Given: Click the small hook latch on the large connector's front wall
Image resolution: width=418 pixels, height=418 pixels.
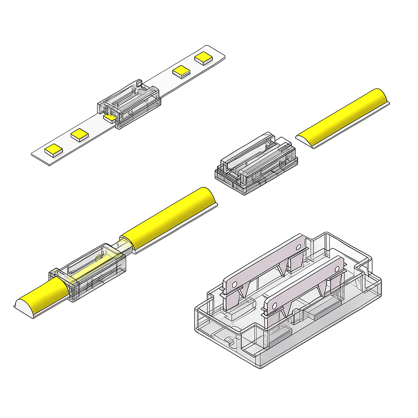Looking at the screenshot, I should (x=229, y=340).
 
